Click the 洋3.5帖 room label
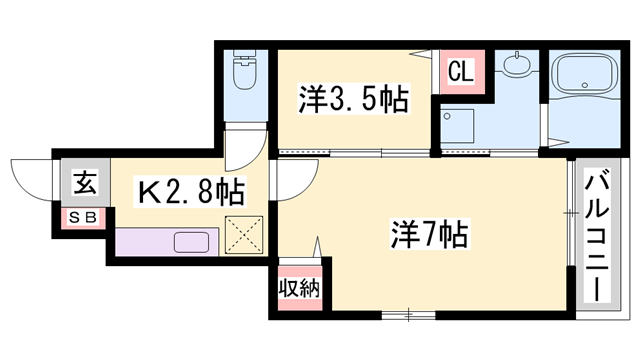(x=353, y=100)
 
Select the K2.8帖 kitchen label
(x=190, y=190)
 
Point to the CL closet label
(x=460, y=71)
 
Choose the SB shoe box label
(x=81, y=217)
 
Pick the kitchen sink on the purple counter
(x=190, y=242)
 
